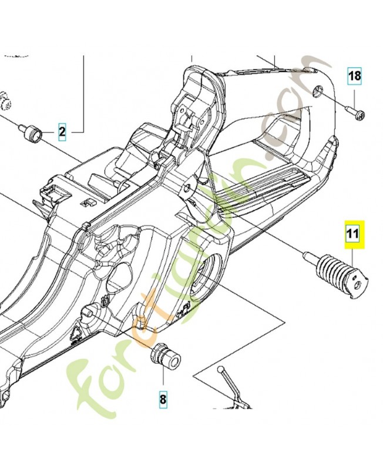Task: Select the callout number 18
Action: [x=354, y=76]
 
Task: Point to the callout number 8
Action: [x=163, y=398]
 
